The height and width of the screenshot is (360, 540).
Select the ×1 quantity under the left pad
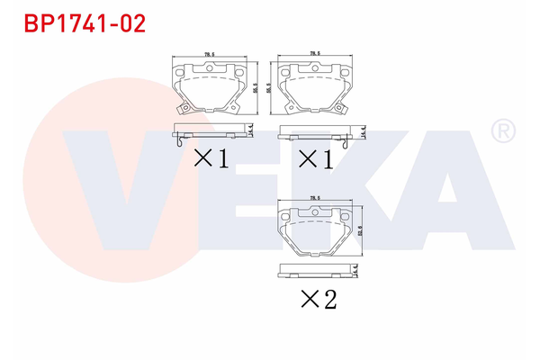click(211, 159)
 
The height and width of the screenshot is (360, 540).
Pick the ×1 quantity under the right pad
click(316, 159)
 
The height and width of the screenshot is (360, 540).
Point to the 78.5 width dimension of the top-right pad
click(315, 54)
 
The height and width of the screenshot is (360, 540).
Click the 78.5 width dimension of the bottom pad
click(315, 198)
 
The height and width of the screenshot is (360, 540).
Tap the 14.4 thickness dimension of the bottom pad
click(357, 269)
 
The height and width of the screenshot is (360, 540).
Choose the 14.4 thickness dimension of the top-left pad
click(253, 131)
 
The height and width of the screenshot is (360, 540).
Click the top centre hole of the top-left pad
click(211, 67)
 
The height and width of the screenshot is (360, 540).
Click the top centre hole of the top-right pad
click(316, 67)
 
